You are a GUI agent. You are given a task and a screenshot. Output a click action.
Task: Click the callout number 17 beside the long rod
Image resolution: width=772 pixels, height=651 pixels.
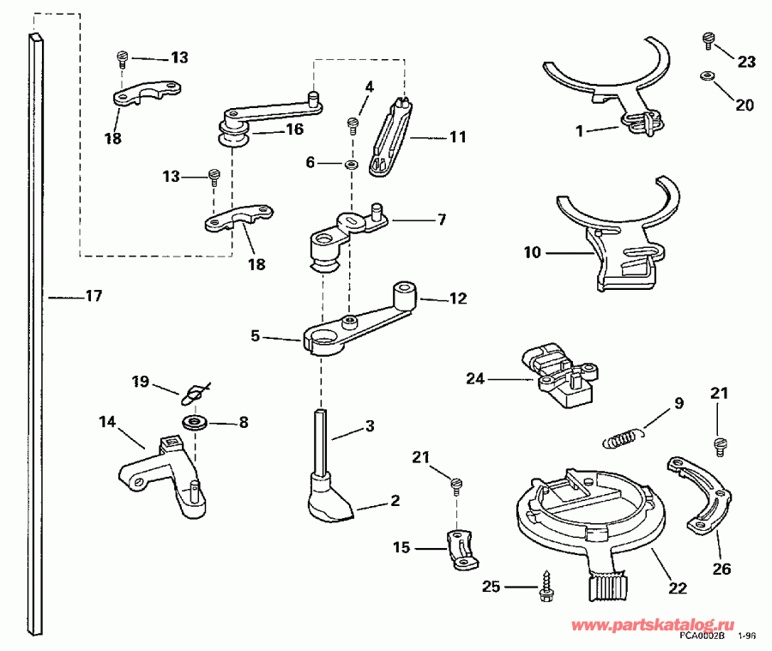click(93, 297)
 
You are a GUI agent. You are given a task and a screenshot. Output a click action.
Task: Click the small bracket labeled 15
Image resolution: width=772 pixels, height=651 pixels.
click(461, 550)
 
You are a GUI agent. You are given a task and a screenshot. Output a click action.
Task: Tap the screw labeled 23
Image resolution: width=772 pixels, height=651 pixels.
click(709, 39)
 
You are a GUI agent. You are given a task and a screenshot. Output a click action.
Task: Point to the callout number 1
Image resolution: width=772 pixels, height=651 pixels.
click(580, 131)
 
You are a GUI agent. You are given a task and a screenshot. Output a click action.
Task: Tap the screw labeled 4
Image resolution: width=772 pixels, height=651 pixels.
click(352, 125)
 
